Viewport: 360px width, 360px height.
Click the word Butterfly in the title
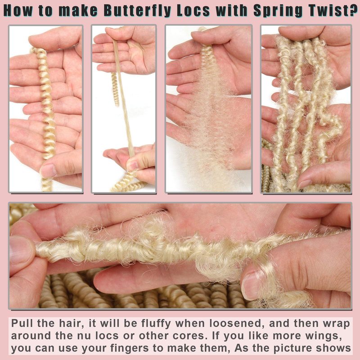click(x=138, y=10)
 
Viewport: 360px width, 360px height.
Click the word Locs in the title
click(x=193, y=10)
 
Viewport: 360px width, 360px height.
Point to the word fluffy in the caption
click(x=156, y=323)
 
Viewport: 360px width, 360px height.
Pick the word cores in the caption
click(x=189, y=336)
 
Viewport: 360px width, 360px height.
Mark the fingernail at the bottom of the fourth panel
click(x=305, y=184)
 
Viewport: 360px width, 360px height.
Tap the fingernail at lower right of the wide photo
click(x=250, y=286)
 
